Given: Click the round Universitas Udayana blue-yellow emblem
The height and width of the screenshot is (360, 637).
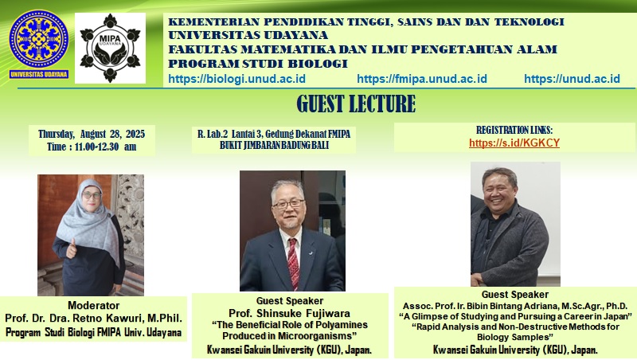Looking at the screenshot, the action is pyautogui.click(x=38, y=39).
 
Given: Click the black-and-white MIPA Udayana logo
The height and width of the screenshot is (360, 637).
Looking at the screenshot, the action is pyautogui.click(x=110, y=48).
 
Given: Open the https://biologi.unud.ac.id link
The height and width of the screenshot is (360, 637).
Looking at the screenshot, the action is pyautogui.click(x=236, y=78).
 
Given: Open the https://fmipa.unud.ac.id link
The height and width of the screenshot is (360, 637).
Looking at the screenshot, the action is pyautogui.click(x=422, y=78).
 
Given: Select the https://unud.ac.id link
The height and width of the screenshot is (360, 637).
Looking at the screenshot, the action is pyautogui.click(x=572, y=78).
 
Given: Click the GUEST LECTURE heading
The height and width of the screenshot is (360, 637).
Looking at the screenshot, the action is pyautogui.click(x=356, y=104).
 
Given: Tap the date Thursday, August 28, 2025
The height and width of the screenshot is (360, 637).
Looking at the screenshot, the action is pyautogui.click(x=92, y=134).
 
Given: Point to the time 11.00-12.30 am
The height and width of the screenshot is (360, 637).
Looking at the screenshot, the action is pyautogui.click(x=106, y=147).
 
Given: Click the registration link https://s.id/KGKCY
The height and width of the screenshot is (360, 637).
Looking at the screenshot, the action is pyautogui.click(x=514, y=143).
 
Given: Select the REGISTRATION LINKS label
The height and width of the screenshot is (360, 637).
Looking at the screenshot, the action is pyautogui.click(x=514, y=130).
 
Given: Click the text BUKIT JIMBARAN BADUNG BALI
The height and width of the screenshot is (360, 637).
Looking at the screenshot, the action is pyautogui.click(x=274, y=145).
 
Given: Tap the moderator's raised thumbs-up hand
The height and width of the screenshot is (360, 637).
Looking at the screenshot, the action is pyautogui.click(x=72, y=248).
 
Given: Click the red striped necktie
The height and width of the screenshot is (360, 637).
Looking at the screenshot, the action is pyautogui.click(x=293, y=264).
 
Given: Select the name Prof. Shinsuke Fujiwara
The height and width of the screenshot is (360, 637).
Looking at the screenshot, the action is pyautogui.click(x=289, y=313).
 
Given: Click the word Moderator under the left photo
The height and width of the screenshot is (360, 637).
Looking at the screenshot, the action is pyautogui.click(x=93, y=305).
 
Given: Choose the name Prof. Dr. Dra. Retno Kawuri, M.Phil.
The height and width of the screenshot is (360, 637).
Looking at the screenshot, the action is pyautogui.click(x=93, y=318).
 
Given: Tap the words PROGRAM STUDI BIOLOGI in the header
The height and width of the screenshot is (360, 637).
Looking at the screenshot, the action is pyautogui.click(x=258, y=64).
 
